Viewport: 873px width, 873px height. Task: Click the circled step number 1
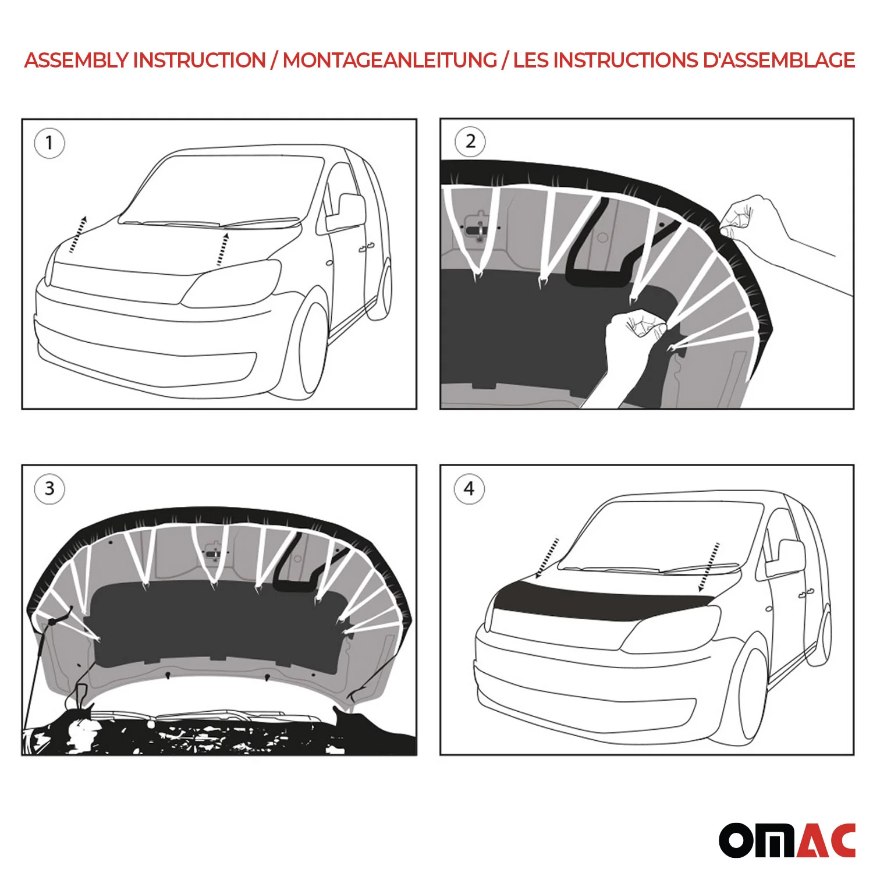click(49, 143)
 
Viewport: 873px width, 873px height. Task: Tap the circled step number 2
click(470, 141)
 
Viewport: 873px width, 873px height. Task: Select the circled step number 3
click(49, 488)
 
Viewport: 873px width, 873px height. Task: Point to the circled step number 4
click(469, 489)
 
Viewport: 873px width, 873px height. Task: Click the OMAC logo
click(787, 840)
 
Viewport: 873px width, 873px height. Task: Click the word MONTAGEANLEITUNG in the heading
click(389, 61)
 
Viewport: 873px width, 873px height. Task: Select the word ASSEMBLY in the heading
click(76, 61)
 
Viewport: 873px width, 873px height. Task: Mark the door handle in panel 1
click(365, 249)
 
